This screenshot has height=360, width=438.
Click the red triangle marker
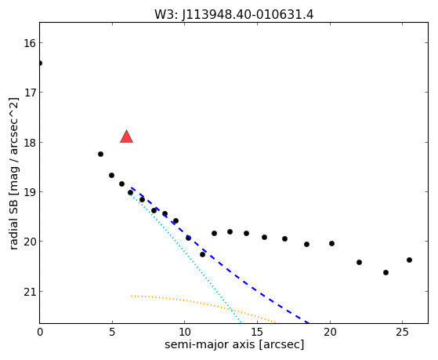(126, 136)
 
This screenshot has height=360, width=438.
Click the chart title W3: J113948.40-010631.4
(233, 14)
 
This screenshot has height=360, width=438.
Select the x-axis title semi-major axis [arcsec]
(234, 344)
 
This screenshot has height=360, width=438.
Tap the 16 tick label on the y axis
(30, 43)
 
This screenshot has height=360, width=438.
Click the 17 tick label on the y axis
(30, 93)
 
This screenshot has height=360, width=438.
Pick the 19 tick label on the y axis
(30, 192)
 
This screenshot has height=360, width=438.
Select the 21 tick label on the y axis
(30, 292)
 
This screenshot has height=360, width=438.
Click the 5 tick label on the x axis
(112, 332)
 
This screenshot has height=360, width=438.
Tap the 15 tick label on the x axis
(257, 332)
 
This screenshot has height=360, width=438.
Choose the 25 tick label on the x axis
(402, 332)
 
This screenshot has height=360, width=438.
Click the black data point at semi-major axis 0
(40, 63)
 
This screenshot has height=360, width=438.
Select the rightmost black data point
(409, 260)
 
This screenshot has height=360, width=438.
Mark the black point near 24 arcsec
(386, 272)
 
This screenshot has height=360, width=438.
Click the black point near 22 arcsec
(359, 263)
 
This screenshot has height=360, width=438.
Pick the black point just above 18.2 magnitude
(100, 155)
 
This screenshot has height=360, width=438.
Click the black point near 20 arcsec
(332, 243)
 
